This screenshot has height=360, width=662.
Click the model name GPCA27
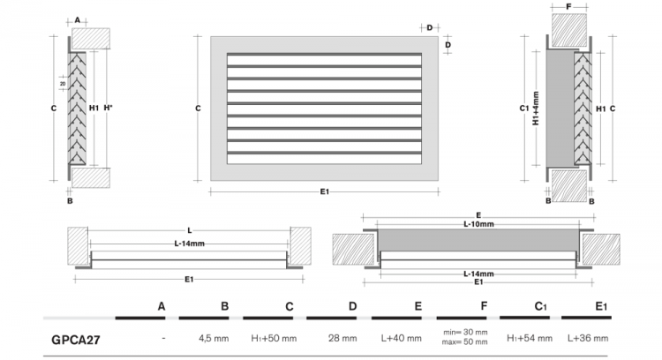[x=75, y=338]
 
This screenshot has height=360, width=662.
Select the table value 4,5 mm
[x=214, y=338]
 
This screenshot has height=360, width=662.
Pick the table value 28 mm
[x=342, y=338]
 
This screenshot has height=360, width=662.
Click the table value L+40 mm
[x=405, y=338]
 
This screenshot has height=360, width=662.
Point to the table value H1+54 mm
[x=530, y=338]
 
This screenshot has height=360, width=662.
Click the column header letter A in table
[x=162, y=306]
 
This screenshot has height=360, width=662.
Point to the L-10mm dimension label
[x=478, y=223]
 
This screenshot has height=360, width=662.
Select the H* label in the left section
[x=108, y=109]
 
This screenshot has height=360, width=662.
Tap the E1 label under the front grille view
[x=325, y=192]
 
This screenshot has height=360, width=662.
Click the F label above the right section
[x=569, y=7]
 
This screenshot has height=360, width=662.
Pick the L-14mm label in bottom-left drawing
[x=190, y=242]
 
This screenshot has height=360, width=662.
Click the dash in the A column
[x=164, y=338]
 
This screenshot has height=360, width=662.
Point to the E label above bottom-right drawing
[x=478, y=214]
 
